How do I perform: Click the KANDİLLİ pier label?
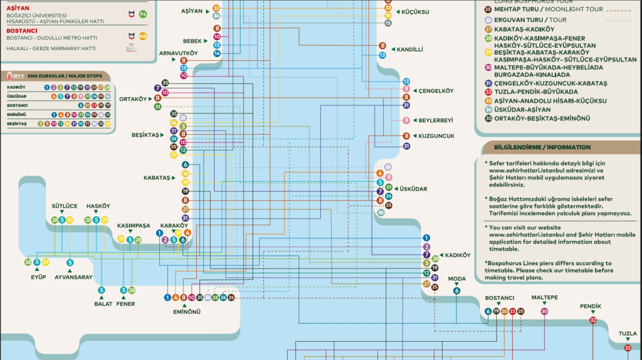coord(411,49)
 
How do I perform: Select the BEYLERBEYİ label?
coord(435,120)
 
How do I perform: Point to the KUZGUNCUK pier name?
coord(436,135)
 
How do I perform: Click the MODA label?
coord(457,278)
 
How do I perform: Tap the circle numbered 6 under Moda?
coord(456,290)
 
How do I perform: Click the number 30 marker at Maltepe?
coord(544,311)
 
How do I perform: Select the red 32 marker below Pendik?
coord(593,320)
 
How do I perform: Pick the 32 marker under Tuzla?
coord(628,347)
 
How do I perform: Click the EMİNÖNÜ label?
coord(187,311)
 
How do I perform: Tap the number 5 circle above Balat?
coord(101,290)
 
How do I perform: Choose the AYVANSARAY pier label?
coord(73,277)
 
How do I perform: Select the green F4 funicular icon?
coord(143,13)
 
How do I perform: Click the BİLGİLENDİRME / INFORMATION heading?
coord(542,147)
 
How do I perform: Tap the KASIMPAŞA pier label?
coord(134,225)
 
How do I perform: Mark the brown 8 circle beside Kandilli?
coord(382,46)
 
